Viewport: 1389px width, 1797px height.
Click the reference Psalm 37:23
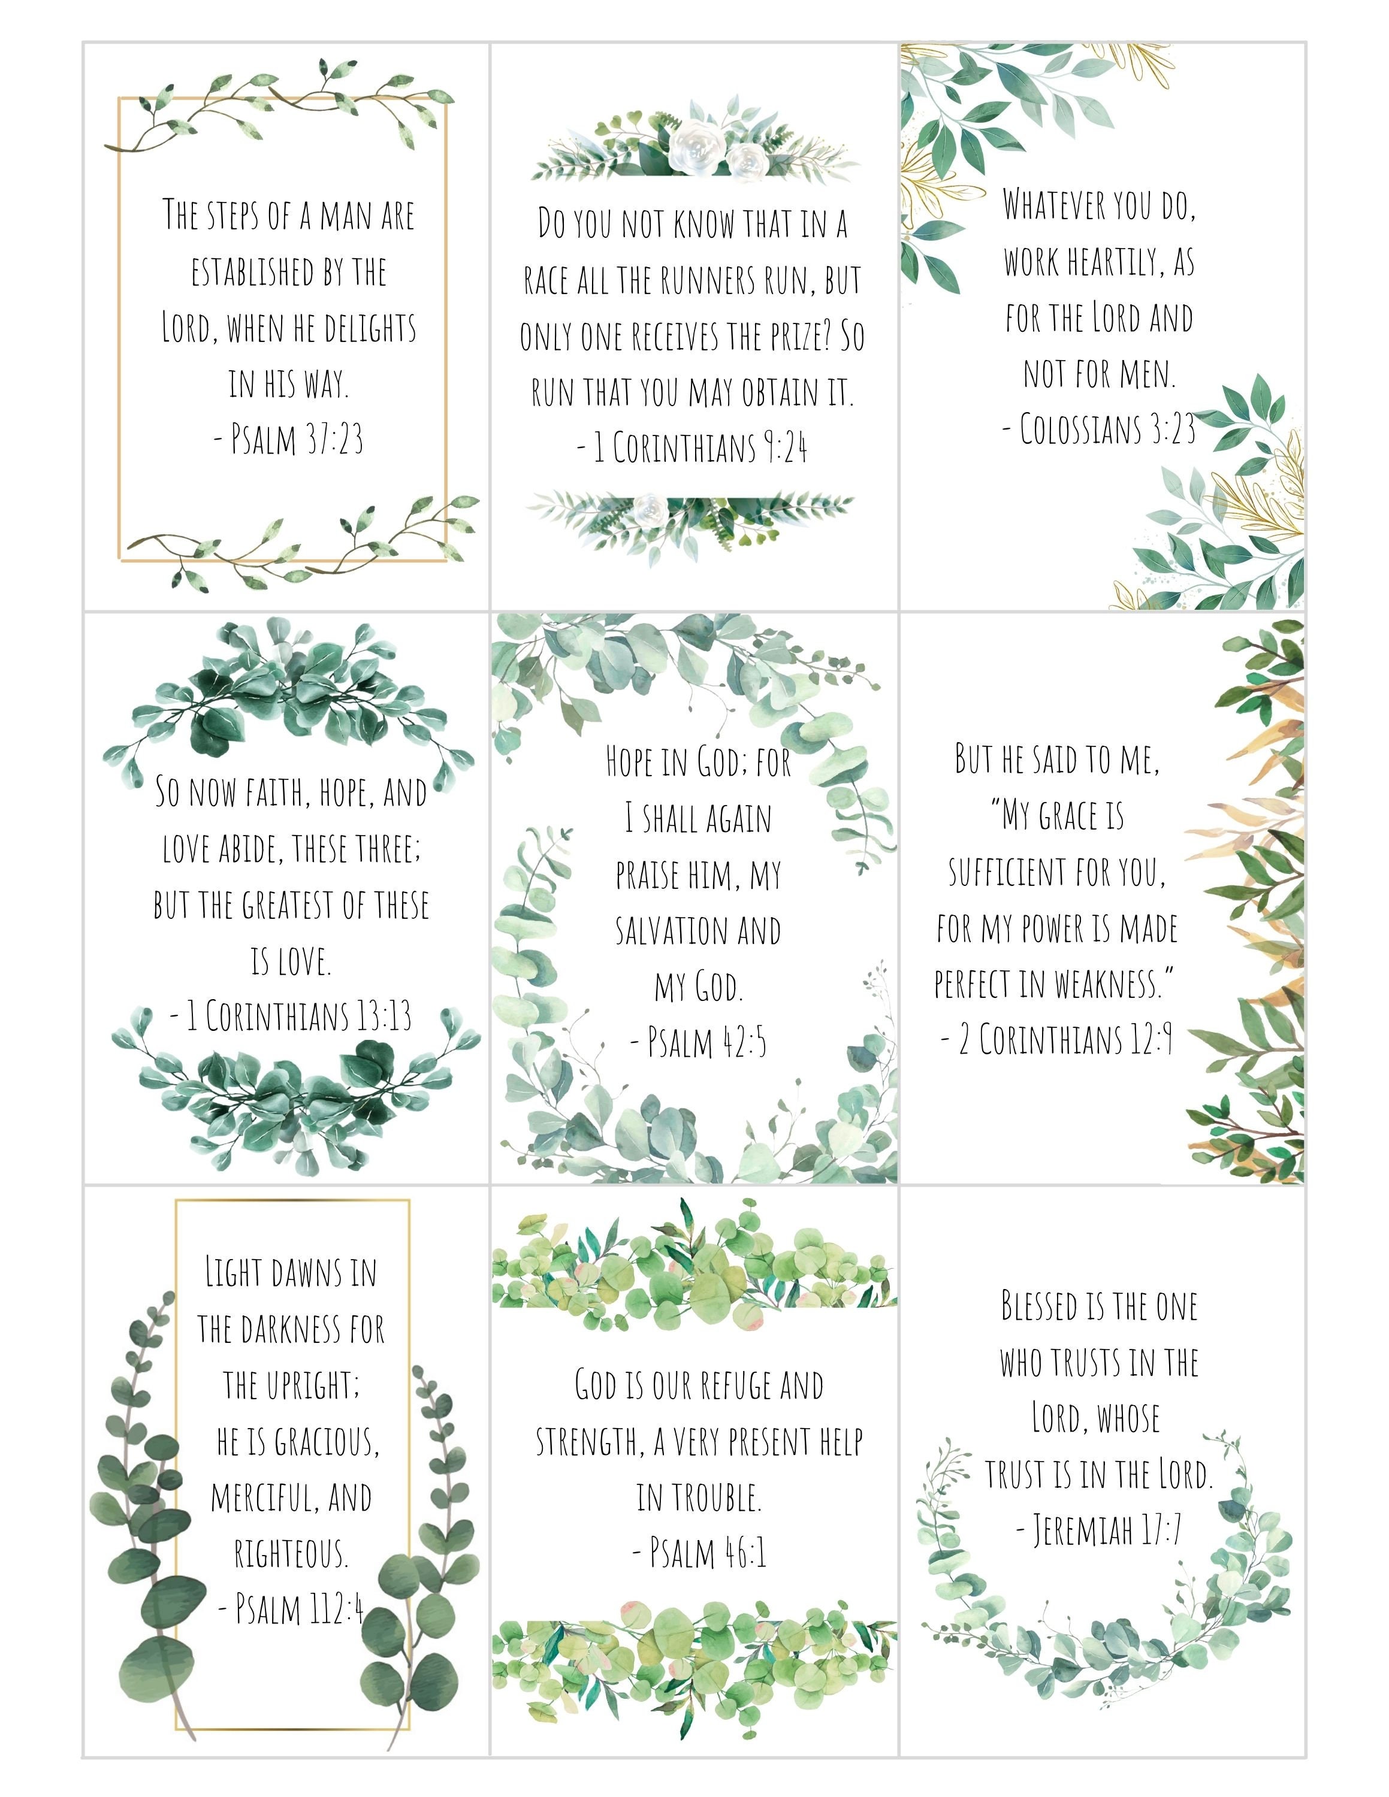point(289,440)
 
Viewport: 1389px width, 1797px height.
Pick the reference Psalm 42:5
point(697,1042)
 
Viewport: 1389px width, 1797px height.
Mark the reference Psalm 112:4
point(291,1608)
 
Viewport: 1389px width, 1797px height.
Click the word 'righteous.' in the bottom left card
point(291,1553)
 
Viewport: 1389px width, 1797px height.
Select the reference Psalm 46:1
point(699,1553)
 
